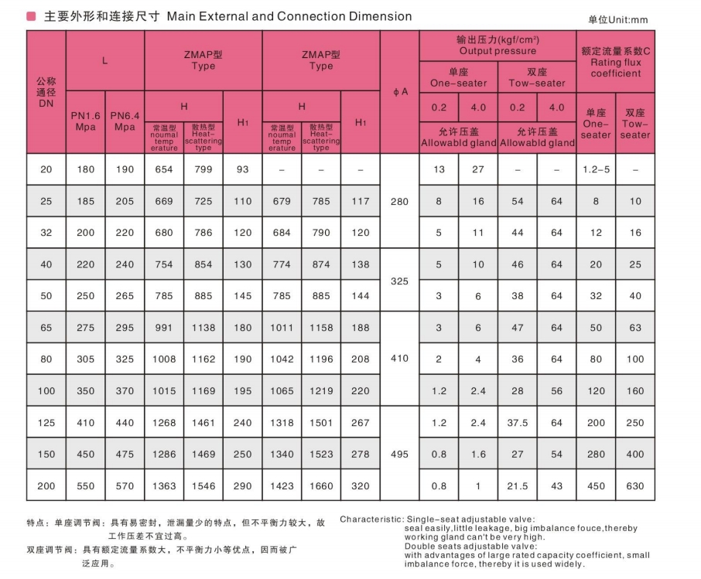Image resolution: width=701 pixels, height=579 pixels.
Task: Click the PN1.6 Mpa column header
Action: click(85, 121)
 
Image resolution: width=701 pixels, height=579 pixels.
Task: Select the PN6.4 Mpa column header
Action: click(125, 121)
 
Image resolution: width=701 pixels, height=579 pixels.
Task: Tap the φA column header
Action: click(400, 92)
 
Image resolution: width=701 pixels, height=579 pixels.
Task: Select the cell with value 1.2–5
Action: click(596, 169)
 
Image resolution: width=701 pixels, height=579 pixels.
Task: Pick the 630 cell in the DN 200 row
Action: click(635, 486)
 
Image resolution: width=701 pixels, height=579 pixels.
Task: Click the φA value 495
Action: click(400, 455)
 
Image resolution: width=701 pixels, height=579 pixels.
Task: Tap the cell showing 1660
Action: click(321, 486)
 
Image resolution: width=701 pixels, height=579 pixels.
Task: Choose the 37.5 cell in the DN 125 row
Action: click(518, 423)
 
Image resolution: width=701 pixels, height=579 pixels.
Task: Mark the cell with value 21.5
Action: click(518, 486)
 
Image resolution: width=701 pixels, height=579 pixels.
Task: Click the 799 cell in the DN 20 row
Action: click(203, 169)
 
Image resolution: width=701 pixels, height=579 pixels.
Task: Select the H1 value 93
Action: click(243, 169)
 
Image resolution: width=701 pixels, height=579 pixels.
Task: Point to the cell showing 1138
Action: click(203, 328)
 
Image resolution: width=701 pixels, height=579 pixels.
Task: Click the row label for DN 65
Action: click(46, 328)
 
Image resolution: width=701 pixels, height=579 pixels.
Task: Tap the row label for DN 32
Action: click(46, 233)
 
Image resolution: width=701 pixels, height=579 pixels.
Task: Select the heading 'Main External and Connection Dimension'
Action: click(289, 16)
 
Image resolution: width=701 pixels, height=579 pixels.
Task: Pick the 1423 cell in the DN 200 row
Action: click(282, 486)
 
